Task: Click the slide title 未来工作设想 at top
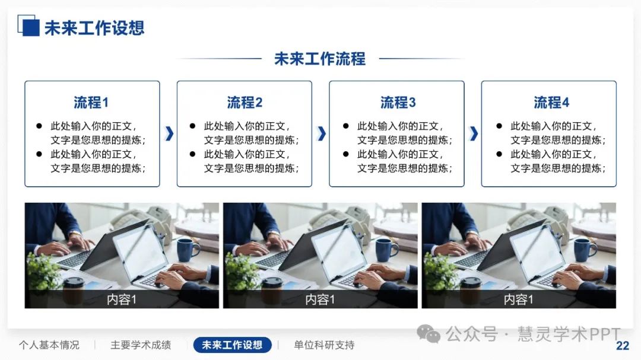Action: (94, 28)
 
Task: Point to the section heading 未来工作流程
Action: (320, 59)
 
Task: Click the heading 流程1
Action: (91, 102)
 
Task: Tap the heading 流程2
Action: (245, 102)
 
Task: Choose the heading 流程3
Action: (398, 102)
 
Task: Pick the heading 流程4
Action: (551, 102)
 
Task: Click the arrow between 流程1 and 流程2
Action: (169, 133)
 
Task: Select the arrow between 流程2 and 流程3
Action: (322, 133)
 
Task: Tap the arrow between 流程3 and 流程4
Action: (474, 133)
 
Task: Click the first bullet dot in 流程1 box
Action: (39, 126)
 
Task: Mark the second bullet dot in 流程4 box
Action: (499, 154)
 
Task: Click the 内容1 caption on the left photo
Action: (122, 300)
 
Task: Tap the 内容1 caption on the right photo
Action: (518, 300)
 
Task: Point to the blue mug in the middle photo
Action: (386, 249)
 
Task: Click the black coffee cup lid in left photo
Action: (74, 281)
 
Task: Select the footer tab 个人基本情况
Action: (49, 345)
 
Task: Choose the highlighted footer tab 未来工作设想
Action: (232, 345)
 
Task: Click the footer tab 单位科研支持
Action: (324, 345)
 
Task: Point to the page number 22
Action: (623, 346)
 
